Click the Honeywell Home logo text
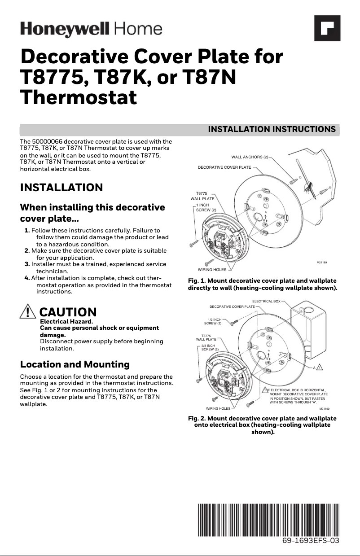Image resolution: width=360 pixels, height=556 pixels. [x=91, y=29]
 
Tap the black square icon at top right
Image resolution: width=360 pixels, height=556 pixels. [x=327, y=28]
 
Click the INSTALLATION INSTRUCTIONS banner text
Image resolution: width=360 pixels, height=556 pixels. [x=272, y=129]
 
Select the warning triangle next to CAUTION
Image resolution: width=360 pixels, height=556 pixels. [x=28, y=311]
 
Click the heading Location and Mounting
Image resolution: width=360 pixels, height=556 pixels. [x=75, y=364]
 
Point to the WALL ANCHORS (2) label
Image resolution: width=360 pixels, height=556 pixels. [x=250, y=157]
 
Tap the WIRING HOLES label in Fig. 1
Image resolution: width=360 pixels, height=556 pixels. [x=212, y=270]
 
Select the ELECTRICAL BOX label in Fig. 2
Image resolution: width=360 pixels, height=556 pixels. [x=266, y=302]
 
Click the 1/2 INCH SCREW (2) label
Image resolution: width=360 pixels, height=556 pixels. [x=213, y=321]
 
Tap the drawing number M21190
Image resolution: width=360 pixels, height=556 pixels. [x=325, y=409]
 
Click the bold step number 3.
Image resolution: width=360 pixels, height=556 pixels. [x=27, y=264]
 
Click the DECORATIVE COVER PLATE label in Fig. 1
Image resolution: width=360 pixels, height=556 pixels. [x=224, y=167]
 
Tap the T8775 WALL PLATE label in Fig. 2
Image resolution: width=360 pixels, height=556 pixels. [x=206, y=337]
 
